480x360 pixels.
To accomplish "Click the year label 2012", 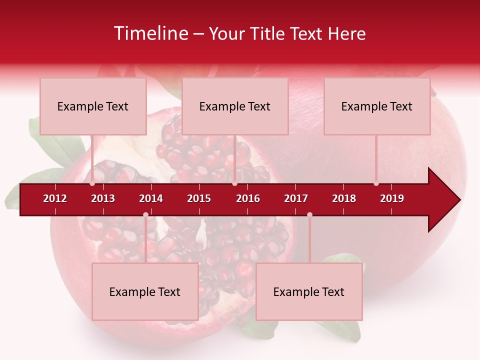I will tap(55, 198).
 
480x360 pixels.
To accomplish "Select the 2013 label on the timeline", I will tap(103, 198).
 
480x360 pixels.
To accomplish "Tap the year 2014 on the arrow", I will tap(151, 198).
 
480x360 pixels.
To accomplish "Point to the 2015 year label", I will tap(199, 198).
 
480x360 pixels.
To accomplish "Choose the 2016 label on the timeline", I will tap(248, 198).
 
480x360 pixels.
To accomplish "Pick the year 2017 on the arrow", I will tap(296, 198).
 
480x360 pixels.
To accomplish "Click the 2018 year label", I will tap(344, 198).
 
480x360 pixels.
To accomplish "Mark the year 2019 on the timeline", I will tap(392, 198).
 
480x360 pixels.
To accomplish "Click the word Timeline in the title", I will tap(150, 33).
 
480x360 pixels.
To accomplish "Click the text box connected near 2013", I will tap(93, 106).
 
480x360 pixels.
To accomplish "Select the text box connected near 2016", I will tap(235, 106).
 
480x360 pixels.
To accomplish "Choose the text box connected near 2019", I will tap(377, 106).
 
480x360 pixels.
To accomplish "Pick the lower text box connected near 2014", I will tap(145, 292).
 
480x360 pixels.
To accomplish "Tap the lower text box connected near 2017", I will tap(309, 292).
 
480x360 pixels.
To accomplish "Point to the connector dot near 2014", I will tap(145, 215).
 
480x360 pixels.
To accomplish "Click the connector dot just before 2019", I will tap(376, 183).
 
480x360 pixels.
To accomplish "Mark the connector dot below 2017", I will tap(309, 215).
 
